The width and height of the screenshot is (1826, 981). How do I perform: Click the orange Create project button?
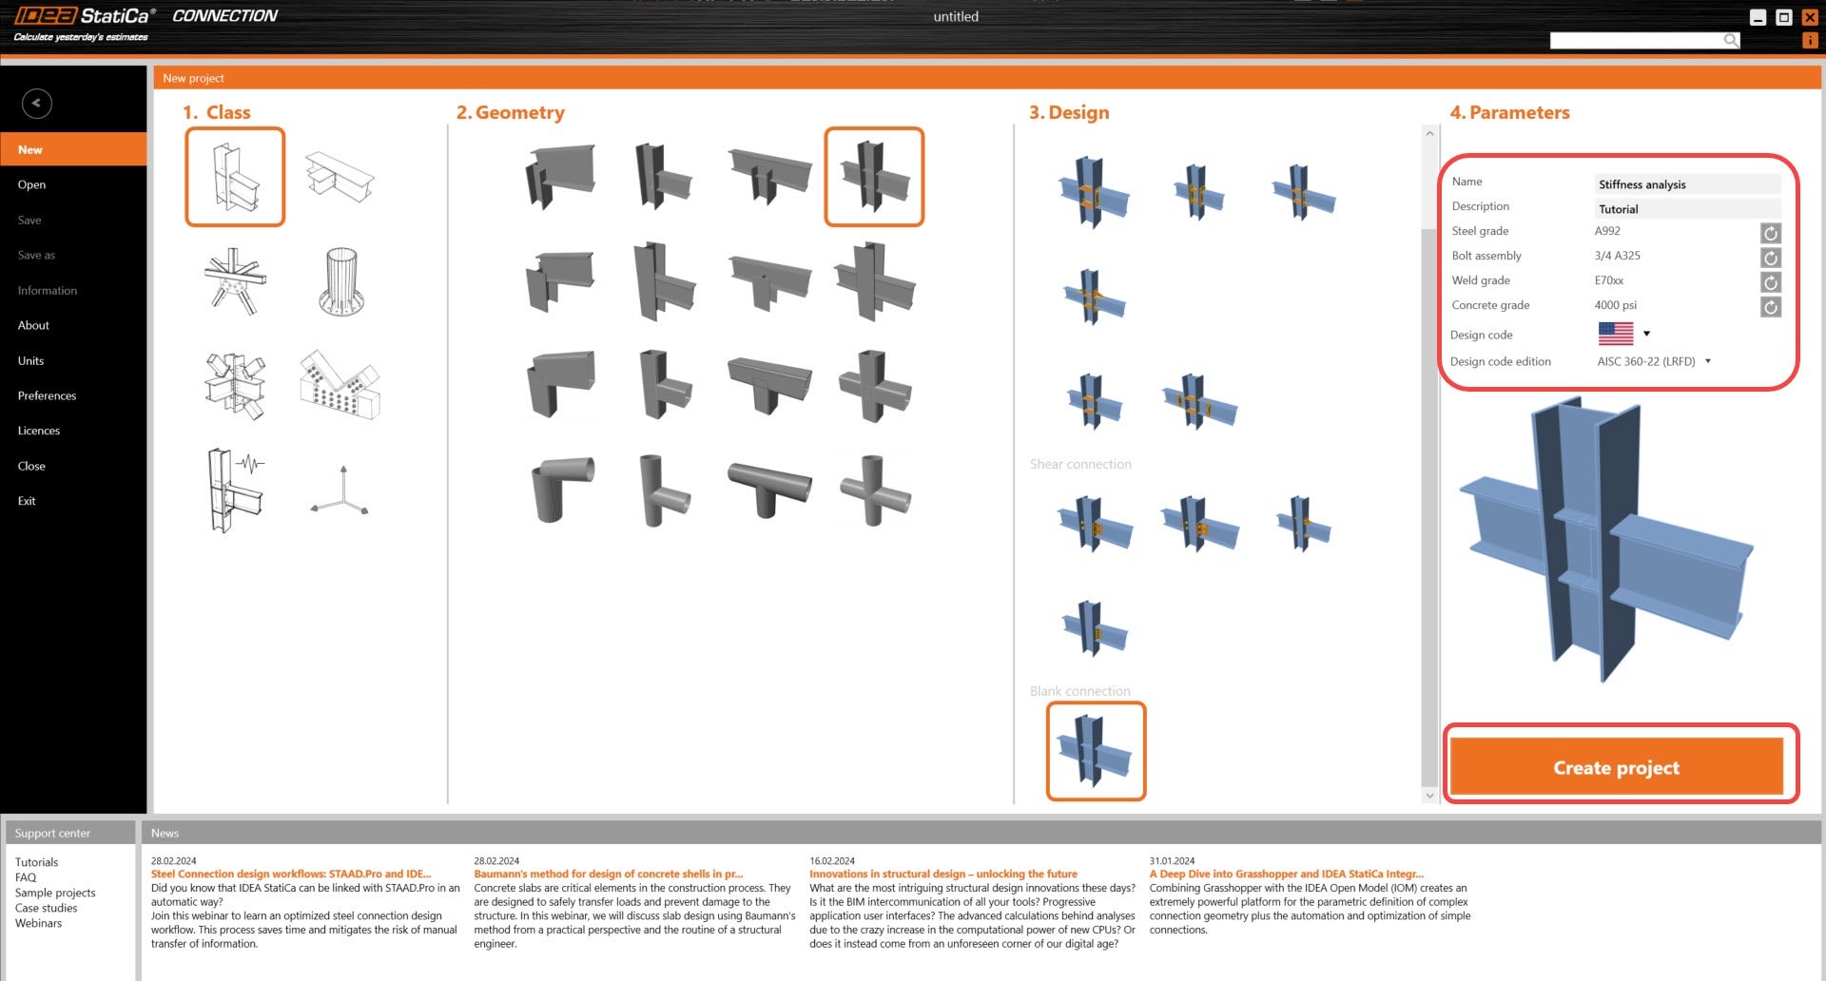1616,767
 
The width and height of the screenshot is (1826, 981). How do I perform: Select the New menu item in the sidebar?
30,149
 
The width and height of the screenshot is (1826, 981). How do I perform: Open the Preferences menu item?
47,395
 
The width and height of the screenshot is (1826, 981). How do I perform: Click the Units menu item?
30,360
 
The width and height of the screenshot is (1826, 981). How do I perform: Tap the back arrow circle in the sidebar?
37,104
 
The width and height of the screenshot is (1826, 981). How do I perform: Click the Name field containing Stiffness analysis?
1686,184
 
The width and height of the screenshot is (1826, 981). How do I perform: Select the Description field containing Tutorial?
1686,209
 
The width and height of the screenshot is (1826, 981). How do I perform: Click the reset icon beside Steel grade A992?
1770,233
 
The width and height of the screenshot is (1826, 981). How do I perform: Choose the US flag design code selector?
1623,334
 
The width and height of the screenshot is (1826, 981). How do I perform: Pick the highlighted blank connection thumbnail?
1096,751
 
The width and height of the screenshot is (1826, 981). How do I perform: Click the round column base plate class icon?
341,281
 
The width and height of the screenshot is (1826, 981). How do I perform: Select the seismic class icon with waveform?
235,490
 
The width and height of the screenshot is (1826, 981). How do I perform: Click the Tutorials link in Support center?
36,862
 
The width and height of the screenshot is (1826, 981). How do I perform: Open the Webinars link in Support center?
38,923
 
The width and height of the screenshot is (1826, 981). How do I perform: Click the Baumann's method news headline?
608,874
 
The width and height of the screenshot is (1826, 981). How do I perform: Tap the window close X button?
1810,17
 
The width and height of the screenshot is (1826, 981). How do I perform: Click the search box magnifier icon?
1731,40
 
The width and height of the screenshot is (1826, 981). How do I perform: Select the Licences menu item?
39,431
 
